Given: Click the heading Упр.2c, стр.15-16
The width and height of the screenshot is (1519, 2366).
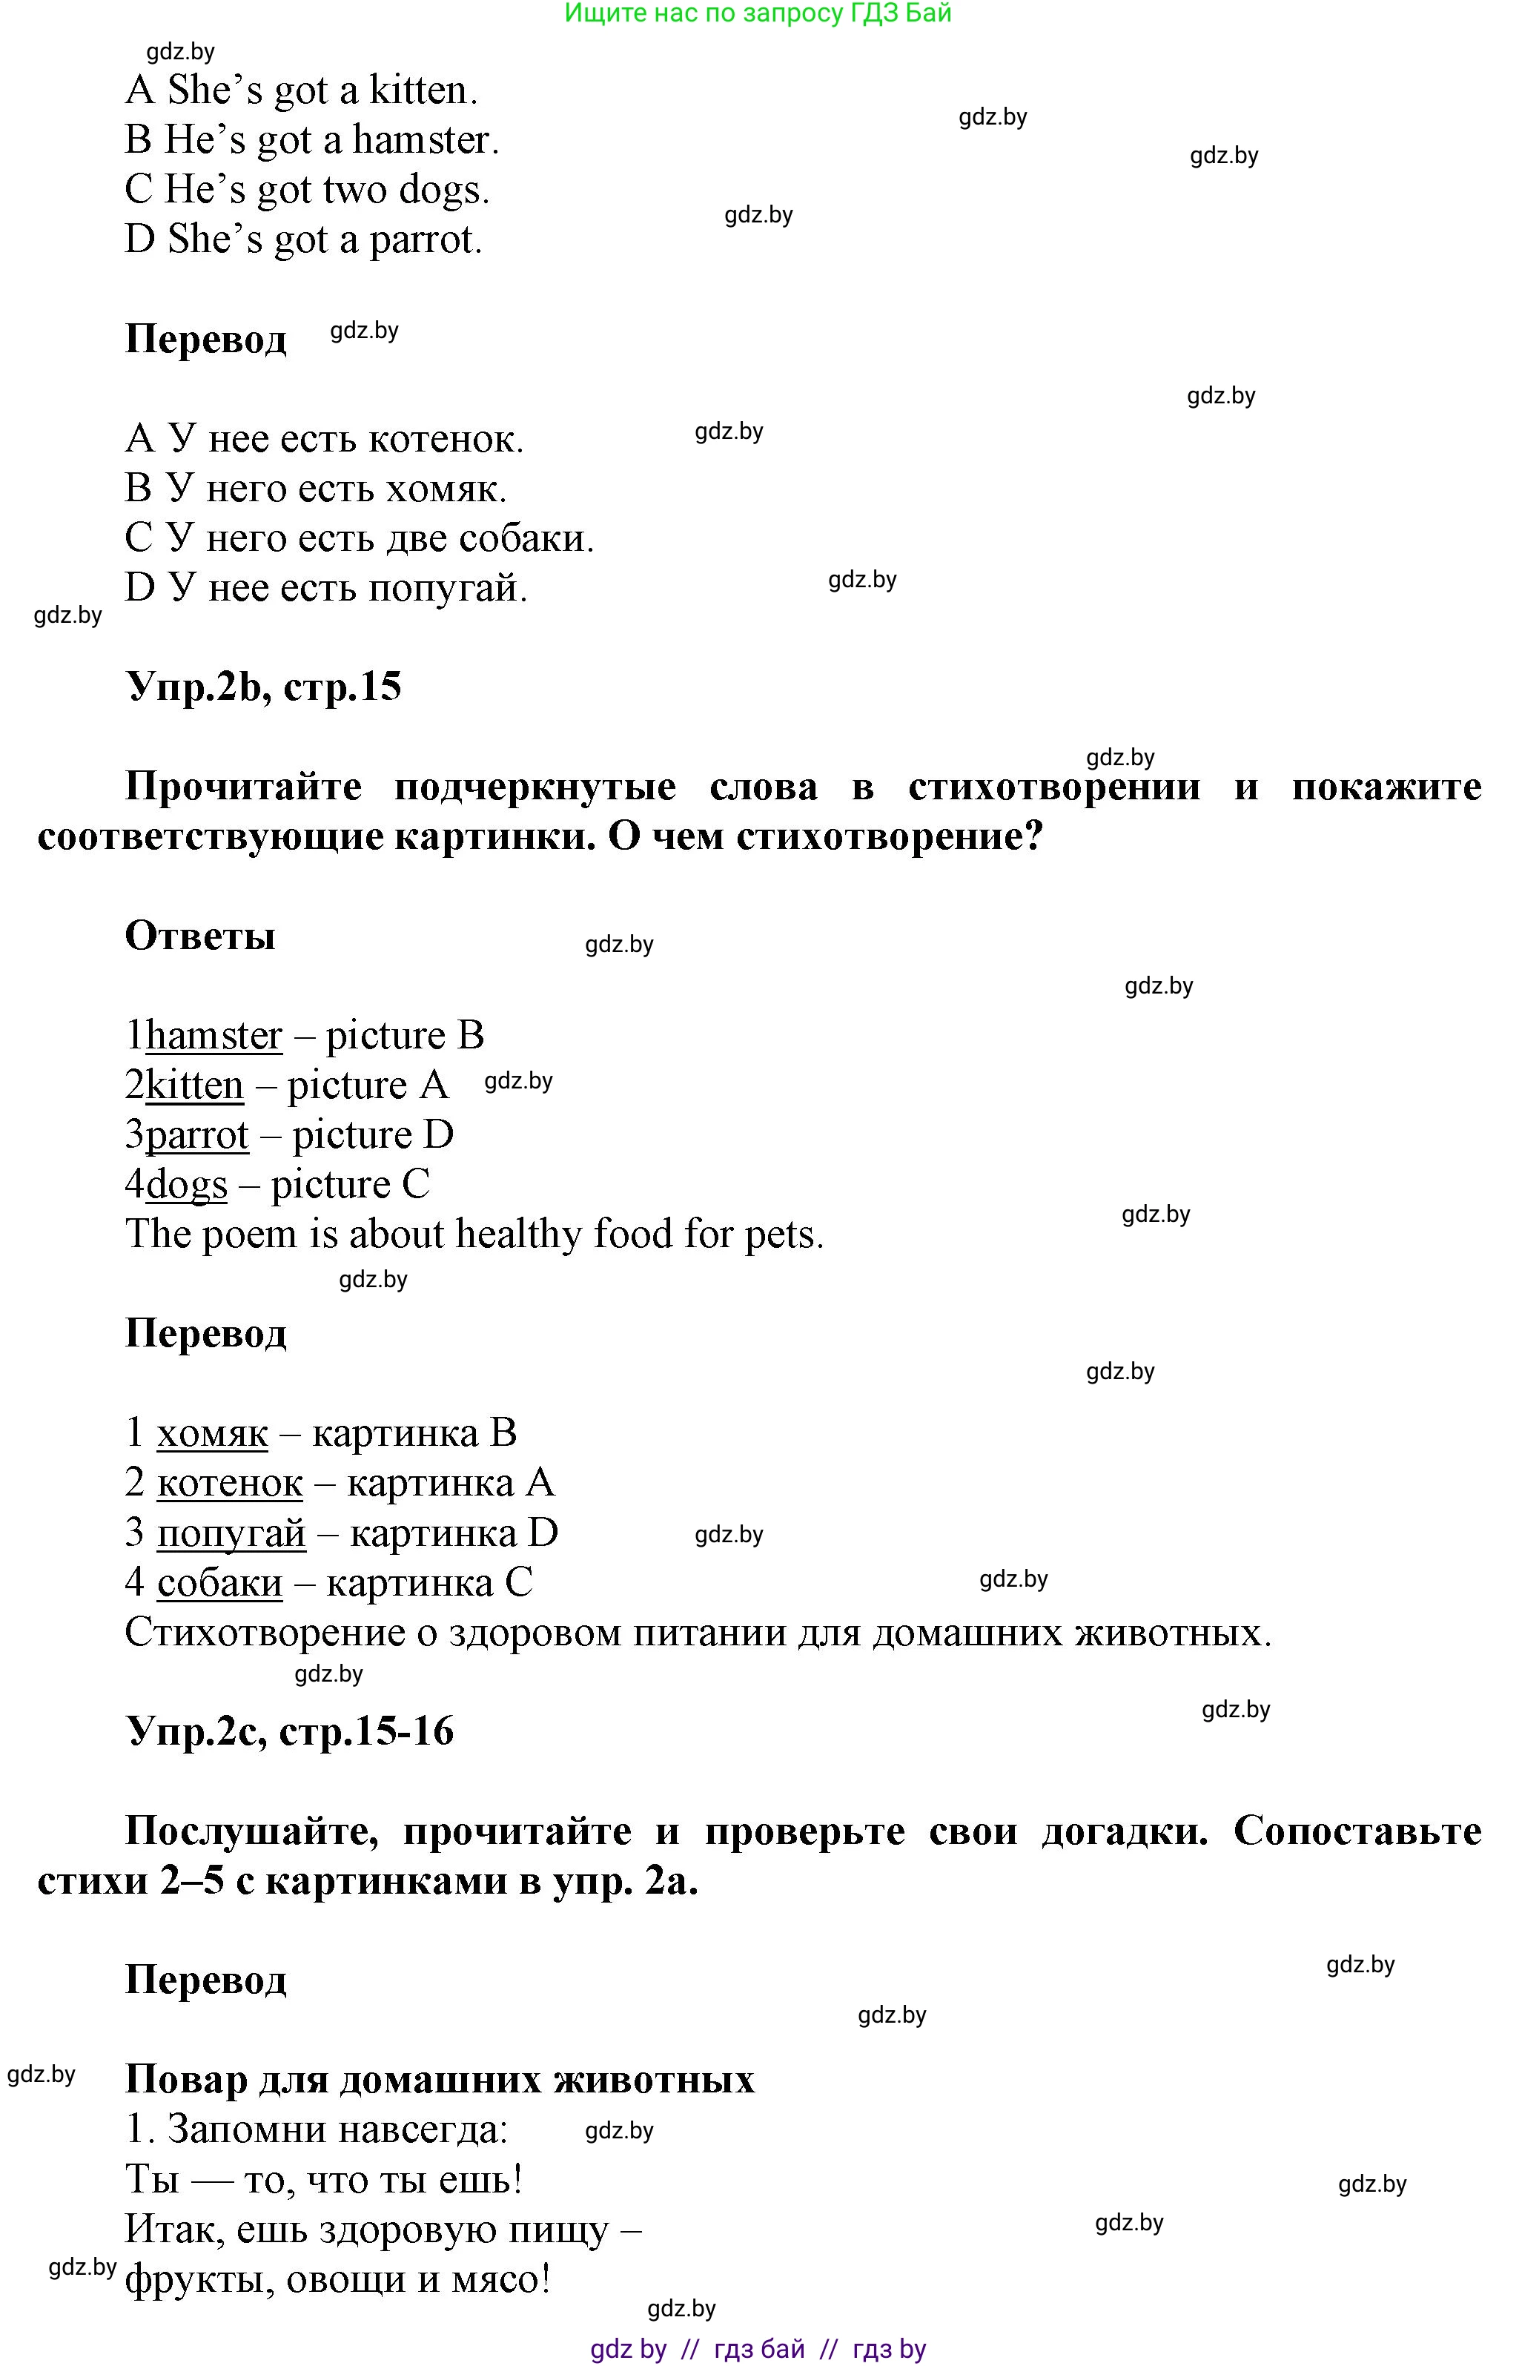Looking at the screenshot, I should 289,1731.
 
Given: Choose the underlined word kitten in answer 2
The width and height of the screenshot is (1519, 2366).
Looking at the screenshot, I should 194,1085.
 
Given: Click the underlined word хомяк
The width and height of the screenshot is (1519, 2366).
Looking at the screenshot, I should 212,1434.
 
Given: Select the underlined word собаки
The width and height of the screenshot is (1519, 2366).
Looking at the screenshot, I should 219,1584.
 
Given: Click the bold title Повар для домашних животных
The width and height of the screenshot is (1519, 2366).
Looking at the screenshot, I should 440,2079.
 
